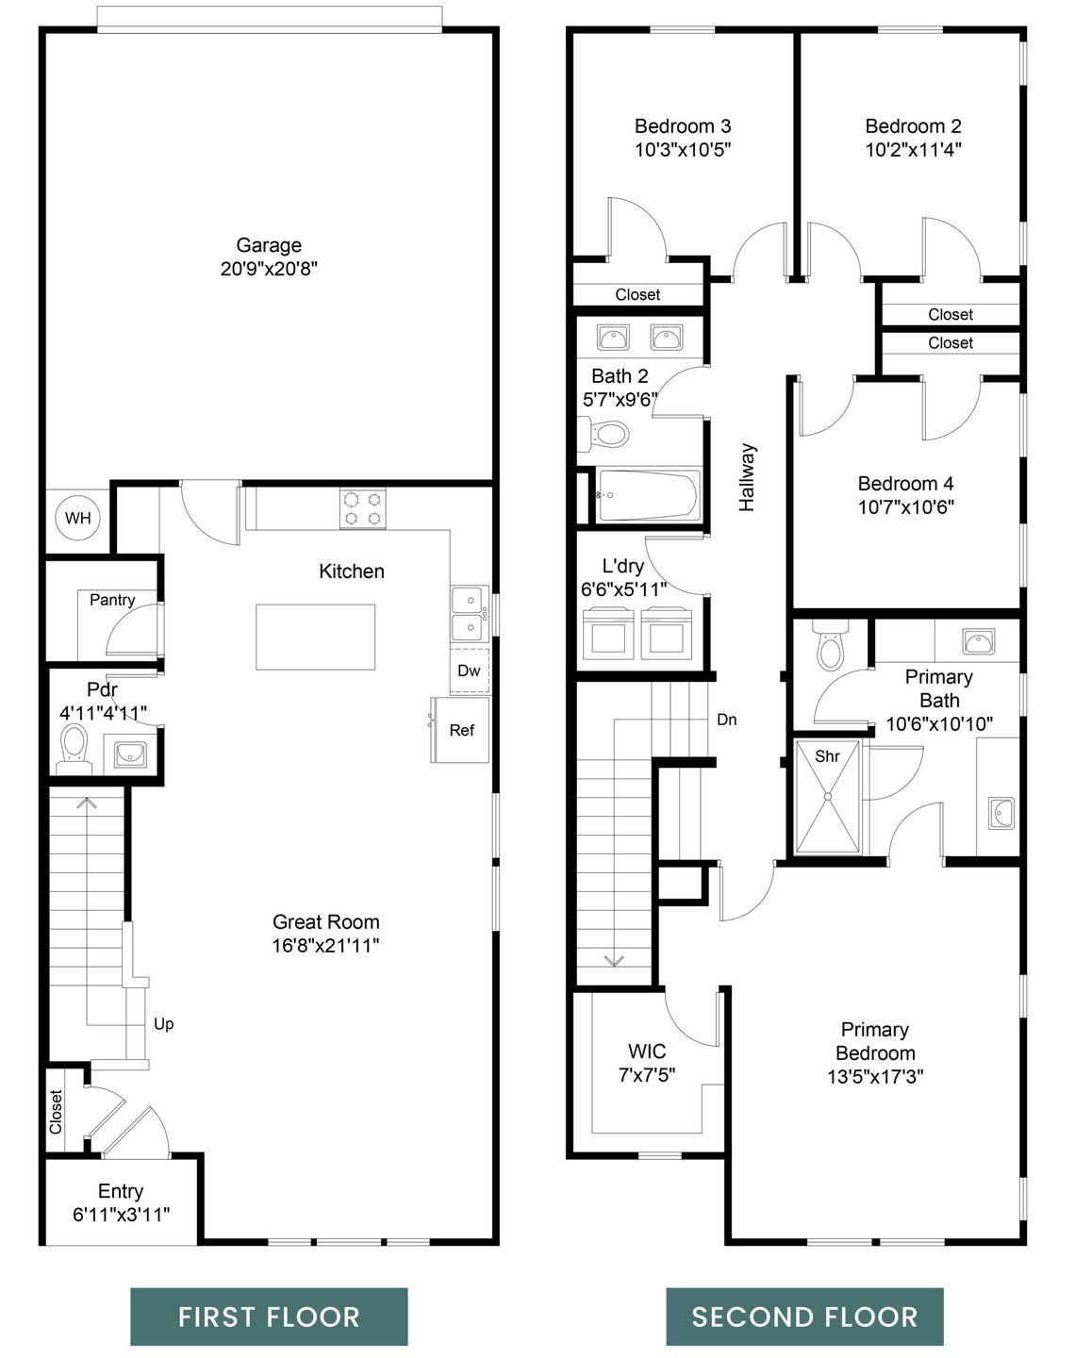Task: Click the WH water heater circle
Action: (x=78, y=518)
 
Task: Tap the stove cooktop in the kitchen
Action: (x=363, y=509)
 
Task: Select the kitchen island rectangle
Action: (x=316, y=637)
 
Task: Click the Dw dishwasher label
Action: (x=469, y=671)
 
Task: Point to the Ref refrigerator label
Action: (x=461, y=730)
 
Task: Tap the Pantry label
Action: (x=112, y=600)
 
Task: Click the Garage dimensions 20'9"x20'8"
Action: (x=269, y=269)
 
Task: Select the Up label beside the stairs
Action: (x=163, y=1023)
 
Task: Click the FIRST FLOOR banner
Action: (x=269, y=1317)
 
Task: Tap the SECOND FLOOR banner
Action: (x=804, y=1317)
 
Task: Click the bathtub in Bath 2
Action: (x=648, y=495)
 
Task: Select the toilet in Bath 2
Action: (x=607, y=435)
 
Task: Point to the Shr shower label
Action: (x=827, y=756)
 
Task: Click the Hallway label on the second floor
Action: (x=747, y=477)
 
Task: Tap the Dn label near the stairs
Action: (x=726, y=720)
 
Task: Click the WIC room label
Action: (x=647, y=1051)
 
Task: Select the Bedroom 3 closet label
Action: (x=637, y=294)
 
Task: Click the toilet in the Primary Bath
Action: (x=830, y=647)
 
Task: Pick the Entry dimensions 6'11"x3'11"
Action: (x=121, y=1215)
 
